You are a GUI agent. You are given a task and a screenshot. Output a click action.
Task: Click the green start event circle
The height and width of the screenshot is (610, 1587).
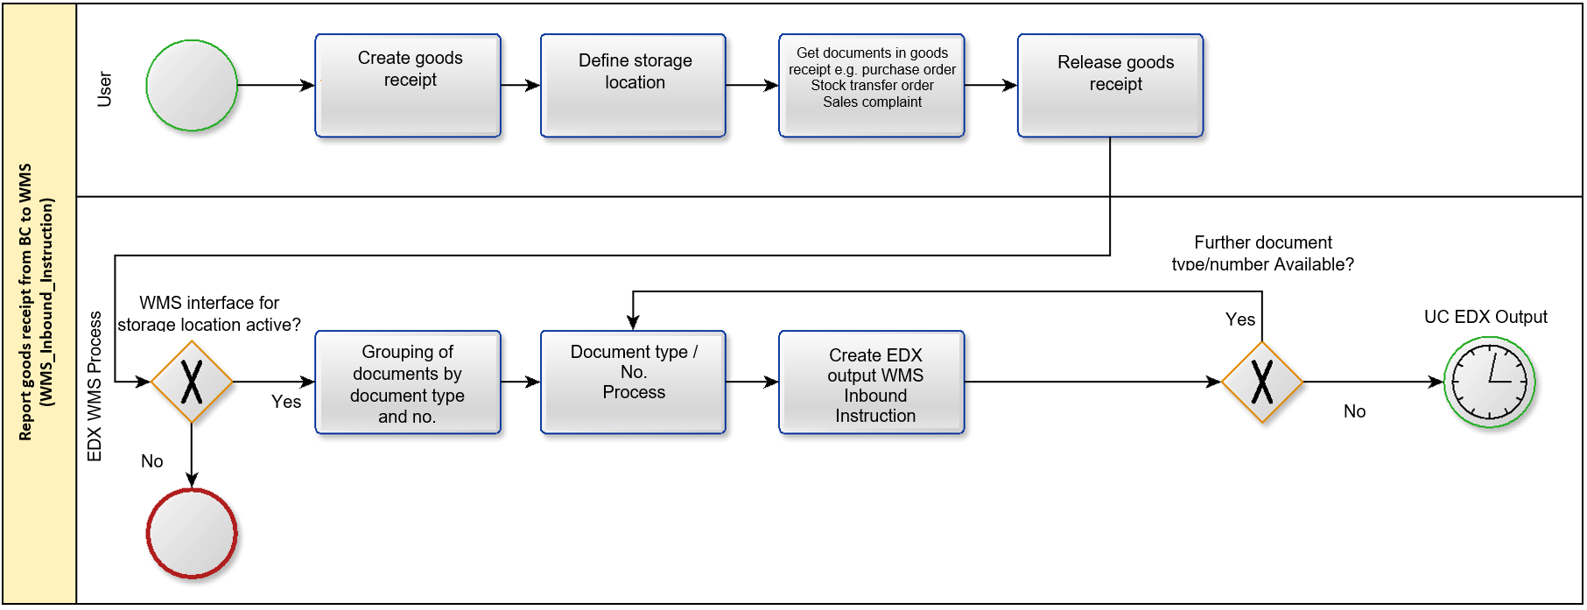pos(192,86)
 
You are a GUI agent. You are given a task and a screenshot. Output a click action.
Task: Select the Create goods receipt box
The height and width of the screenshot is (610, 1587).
pos(408,86)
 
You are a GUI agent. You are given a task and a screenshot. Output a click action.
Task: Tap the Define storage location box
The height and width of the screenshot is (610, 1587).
pos(634,86)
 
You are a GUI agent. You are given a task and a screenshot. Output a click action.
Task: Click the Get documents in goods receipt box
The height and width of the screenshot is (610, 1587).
pos(872,86)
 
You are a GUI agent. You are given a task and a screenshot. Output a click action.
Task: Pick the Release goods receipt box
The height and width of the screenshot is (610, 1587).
pos(1111,86)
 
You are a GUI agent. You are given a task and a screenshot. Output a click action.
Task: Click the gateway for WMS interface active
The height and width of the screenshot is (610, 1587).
pos(192,382)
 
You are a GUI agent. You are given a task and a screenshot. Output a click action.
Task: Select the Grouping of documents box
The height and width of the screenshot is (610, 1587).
pos(408,382)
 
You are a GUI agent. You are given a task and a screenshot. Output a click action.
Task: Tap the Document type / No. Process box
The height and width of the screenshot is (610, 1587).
pos(634,382)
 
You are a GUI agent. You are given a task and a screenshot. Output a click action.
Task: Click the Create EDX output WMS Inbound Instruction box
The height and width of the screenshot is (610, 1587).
pos(872,382)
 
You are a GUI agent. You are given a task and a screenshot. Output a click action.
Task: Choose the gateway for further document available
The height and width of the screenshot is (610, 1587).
pos(1262,382)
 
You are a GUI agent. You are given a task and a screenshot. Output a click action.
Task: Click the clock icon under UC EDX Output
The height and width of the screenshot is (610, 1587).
pos(1490,382)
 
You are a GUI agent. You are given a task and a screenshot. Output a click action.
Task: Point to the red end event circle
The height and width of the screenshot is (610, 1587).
pos(192,534)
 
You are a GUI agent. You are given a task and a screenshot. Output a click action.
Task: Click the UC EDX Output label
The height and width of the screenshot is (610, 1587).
pos(1485,317)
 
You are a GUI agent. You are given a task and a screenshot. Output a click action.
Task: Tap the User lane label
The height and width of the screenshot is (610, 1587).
pos(104,89)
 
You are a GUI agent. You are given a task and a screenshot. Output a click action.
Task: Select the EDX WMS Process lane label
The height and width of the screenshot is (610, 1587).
pos(95,386)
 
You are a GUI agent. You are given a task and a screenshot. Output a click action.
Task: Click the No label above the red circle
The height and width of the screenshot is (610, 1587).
pos(152,461)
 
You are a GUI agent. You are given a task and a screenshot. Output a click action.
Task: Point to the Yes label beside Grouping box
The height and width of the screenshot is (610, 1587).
pos(286,402)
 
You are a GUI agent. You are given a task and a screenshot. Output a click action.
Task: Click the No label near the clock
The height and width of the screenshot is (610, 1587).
pos(1355,411)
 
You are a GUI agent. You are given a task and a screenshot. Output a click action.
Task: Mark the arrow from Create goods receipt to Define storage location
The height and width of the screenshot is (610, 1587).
pos(521,86)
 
